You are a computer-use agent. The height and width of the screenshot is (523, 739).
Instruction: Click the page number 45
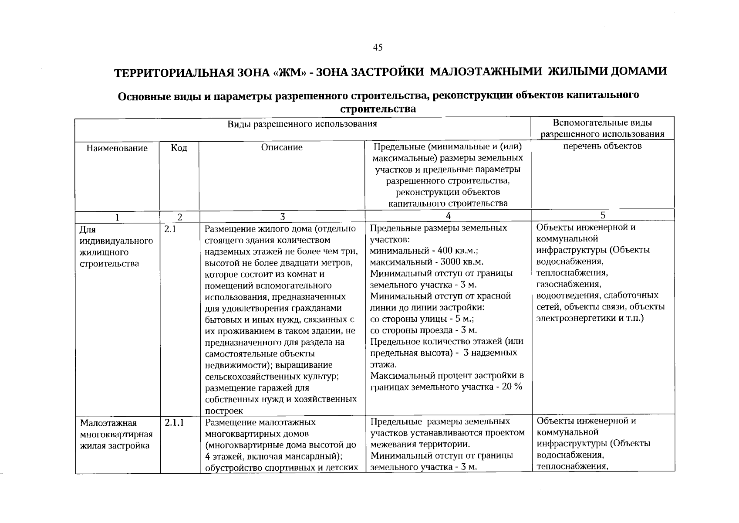[378, 48]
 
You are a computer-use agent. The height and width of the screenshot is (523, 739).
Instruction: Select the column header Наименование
[117, 148]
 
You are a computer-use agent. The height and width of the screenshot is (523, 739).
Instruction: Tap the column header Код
[179, 148]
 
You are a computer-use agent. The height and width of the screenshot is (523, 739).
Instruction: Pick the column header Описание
[282, 147]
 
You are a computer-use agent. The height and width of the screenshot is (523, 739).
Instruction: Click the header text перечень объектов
[603, 146]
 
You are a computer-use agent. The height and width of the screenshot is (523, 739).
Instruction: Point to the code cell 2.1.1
[174, 422]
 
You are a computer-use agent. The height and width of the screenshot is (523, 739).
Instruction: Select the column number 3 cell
[282, 217]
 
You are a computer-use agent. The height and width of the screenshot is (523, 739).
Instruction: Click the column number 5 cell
[603, 215]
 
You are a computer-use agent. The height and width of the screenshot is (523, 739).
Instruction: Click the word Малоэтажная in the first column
[108, 423]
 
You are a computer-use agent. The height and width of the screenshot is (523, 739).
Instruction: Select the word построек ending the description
[224, 411]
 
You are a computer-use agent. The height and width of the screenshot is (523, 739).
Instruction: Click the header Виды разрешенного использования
[302, 124]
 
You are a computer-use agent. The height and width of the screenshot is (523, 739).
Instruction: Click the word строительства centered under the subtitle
[378, 109]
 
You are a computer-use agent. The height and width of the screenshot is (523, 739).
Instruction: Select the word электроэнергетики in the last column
[576, 318]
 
